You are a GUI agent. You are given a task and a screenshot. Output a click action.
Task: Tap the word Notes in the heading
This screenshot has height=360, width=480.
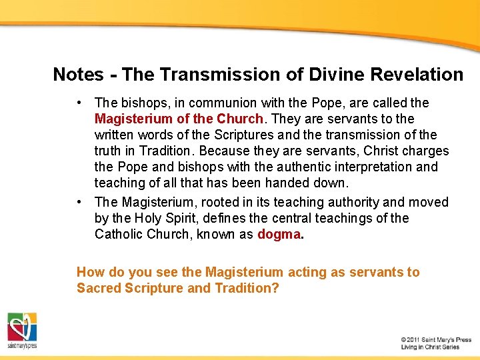pyautogui.click(x=79, y=75)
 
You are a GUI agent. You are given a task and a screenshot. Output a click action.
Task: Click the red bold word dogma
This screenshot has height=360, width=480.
pyautogui.click(x=279, y=234)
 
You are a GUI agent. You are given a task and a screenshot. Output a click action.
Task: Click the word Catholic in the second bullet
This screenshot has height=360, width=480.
pyautogui.click(x=119, y=234)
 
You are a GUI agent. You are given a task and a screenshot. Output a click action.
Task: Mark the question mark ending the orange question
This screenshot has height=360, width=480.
pyautogui.click(x=275, y=288)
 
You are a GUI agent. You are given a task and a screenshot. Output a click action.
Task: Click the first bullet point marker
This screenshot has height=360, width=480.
pyautogui.click(x=79, y=103)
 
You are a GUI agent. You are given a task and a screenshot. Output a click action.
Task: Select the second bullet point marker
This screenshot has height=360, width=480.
pyautogui.click(x=79, y=202)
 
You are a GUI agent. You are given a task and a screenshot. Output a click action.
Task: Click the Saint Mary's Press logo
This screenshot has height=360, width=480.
pyautogui.click(x=22, y=330)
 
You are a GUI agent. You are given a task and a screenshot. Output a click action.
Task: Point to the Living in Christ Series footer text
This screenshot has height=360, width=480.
pyautogui.click(x=430, y=347)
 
